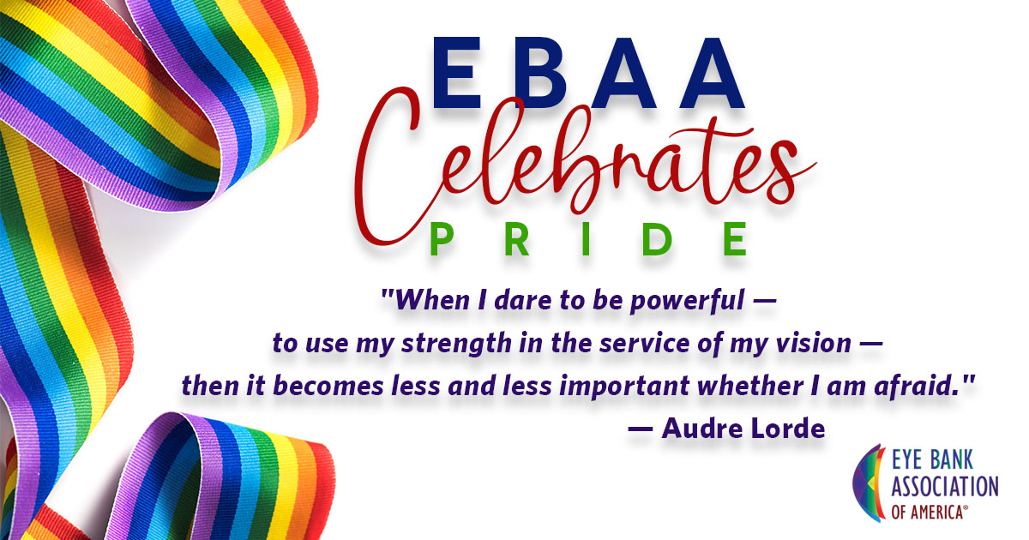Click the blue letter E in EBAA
click(x=456, y=73)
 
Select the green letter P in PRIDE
click(x=442, y=239)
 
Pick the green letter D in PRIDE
click(x=657, y=239)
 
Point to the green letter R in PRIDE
click(x=517, y=239)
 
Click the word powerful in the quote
click(x=687, y=302)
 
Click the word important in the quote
click(x=624, y=387)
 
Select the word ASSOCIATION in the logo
click(x=945, y=486)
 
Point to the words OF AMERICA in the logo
click(x=927, y=512)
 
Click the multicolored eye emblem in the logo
click(x=869, y=483)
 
